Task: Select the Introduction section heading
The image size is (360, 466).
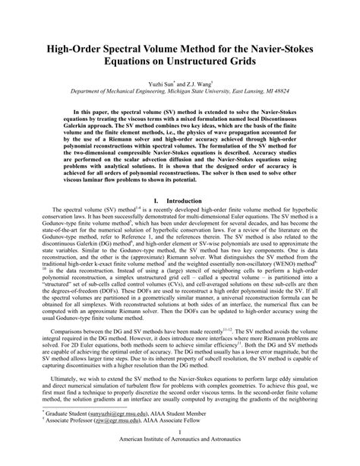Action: pyautogui.click(x=186, y=201)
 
